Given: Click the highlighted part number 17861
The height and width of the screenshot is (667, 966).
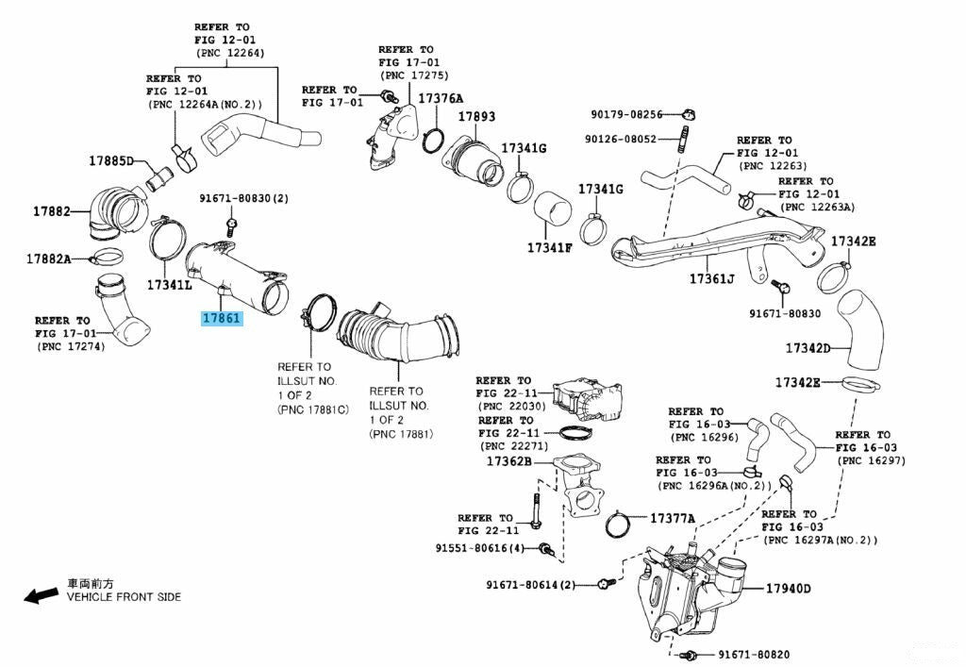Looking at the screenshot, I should click(x=222, y=319).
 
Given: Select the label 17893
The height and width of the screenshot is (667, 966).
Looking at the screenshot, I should click(x=476, y=116).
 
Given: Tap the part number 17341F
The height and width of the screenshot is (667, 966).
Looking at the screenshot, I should click(x=550, y=248).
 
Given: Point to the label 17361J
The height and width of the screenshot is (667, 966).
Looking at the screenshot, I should click(x=711, y=278).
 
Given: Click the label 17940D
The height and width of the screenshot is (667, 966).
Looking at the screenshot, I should click(x=788, y=589).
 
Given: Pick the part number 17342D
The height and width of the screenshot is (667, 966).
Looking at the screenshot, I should click(x=808, y=348).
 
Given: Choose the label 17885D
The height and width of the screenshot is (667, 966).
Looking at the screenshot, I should click(x=111, y=160).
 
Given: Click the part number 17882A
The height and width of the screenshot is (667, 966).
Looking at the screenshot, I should click(x=48, y=258).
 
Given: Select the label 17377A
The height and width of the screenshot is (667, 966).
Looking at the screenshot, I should click(x=672, y=518).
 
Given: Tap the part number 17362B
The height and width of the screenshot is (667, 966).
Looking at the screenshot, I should click(x=509, y=461).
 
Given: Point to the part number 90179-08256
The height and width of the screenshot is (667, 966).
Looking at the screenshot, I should click(x=628, y=114).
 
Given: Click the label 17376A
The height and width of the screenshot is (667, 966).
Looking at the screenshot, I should click(x=441, y=98).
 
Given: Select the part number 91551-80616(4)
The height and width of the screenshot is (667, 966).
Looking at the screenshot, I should click(x=485, y=548).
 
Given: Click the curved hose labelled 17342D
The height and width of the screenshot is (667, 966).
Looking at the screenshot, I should click(x=862, y=332).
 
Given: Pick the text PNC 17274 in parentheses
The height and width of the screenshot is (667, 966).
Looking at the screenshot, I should click(x=71, y=346).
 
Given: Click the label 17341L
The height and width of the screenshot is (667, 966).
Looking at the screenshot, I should click(x=169, y=284).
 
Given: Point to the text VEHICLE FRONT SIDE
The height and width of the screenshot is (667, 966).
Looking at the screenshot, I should click(x=124, y=597).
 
